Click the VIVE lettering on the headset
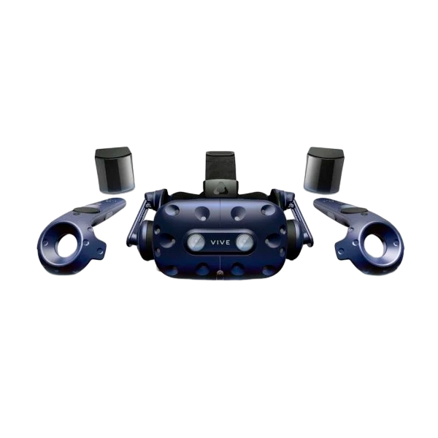220,242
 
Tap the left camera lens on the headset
196,242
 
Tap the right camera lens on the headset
245,242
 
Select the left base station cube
115,170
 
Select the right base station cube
323,170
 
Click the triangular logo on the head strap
220,187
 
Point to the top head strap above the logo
220,166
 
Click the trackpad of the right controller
354,210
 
